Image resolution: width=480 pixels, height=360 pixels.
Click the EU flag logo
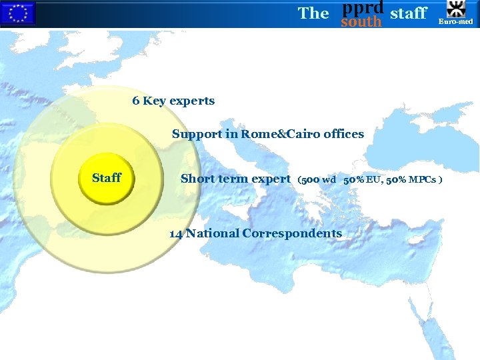(x=17, y=13)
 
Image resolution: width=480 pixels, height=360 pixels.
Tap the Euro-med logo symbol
(x=457, y=9)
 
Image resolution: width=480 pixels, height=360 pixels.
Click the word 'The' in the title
(x=313, y=13)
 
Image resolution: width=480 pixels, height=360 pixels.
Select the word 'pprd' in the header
(x=362, y=7)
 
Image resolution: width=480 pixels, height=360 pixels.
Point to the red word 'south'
(x=361, y=22)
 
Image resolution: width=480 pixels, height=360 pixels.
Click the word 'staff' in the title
(x=408, y=13)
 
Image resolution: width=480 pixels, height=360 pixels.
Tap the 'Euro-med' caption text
(x=457, y=22)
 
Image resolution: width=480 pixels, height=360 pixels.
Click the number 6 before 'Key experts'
(x=136, y=101)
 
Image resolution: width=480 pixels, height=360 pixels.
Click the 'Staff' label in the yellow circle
(x=107, y=177)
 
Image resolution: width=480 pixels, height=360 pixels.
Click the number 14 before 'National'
(x=176, y=233)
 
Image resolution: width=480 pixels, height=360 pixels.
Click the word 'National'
(x=213, y=233)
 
